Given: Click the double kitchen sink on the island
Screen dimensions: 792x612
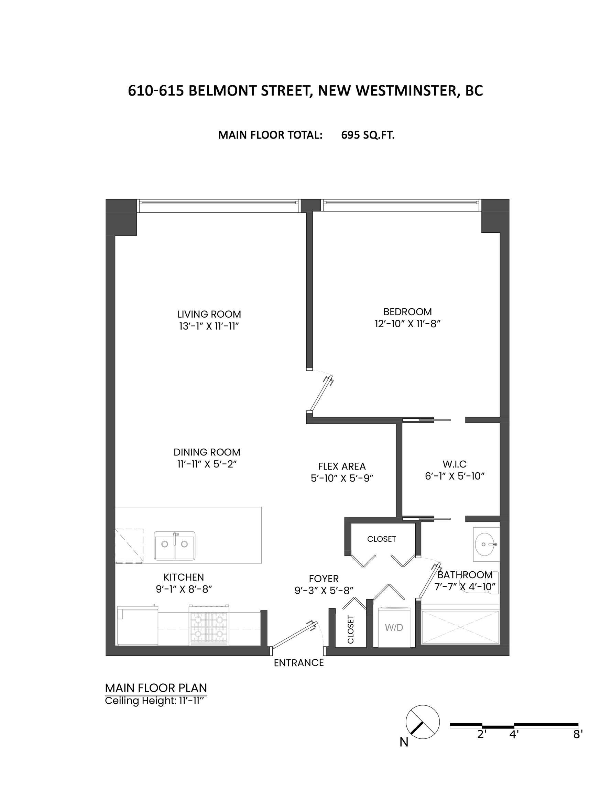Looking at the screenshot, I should [x=175, y=546].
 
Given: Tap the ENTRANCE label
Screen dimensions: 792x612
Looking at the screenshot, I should [x=298, y=662].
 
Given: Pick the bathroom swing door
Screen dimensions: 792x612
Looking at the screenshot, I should [x=430, y=580].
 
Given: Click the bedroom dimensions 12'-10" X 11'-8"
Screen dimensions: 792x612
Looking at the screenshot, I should [x=407, y=323].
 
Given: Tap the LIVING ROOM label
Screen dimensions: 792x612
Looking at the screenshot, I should [x=209, y=314].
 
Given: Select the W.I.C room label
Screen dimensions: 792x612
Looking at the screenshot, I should [x=455, y=464].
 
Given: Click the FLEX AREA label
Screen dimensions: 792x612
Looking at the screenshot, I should [x=342, y=466].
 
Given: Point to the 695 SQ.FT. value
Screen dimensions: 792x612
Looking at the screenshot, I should [x=368, y=135].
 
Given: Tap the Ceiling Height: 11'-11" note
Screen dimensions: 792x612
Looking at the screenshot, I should [x=155, y=701].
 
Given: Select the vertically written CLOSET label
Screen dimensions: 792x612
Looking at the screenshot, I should [x=351, y=629].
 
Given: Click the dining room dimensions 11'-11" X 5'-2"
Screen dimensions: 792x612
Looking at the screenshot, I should [x=207, y=464].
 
